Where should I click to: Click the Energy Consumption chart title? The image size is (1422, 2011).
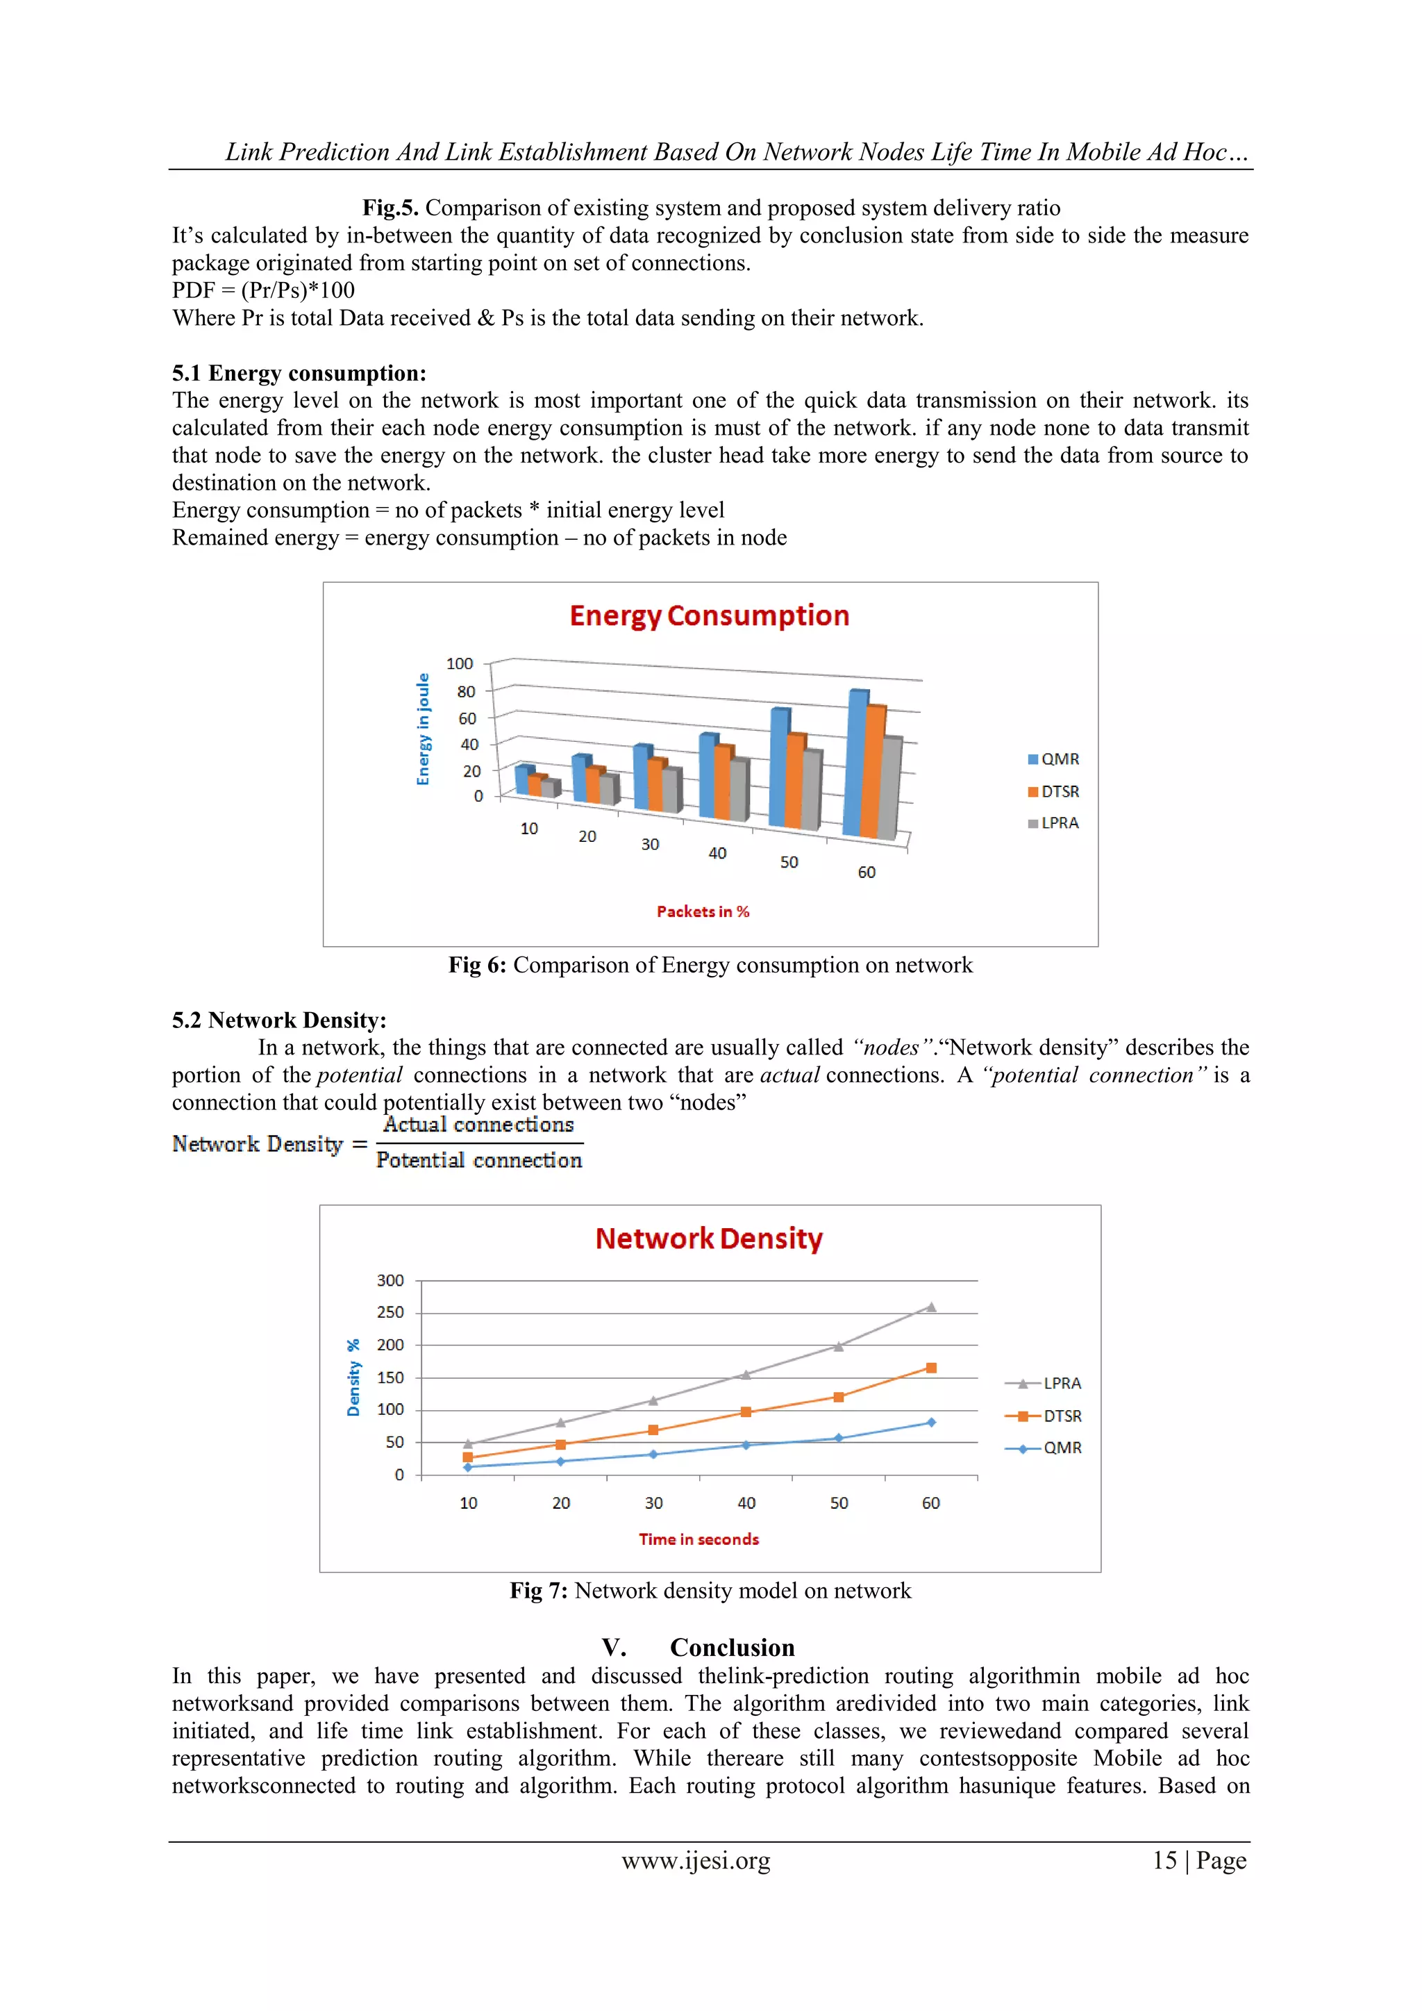[x=709, y=615]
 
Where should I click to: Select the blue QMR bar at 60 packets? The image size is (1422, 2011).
[x=854, y=766]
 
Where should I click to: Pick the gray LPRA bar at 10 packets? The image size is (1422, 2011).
[x=549, y=788]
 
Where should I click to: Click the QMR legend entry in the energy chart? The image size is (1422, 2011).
[x=1053, y=759]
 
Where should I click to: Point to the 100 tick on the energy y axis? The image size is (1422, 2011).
[x=460, y=664]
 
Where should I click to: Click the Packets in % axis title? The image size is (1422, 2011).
[x=703, y=912]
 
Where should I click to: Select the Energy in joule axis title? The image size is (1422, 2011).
[x=424, y=729]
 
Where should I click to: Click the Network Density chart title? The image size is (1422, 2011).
[x=708, y=1239]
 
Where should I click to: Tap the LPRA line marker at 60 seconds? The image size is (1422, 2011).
[x=931, y=1307]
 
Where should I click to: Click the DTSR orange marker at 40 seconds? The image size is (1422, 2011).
[x=746, y=1412]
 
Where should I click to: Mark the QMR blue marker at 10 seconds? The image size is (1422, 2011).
[x=467, y=1466]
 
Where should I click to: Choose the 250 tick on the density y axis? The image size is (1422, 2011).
[x=390, y=1312]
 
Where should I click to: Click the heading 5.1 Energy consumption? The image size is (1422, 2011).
[x=299, y=373]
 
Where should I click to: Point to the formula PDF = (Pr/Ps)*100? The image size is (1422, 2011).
[x=264, y=291]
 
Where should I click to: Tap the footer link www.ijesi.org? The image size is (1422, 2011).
[x=696, y=1860]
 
